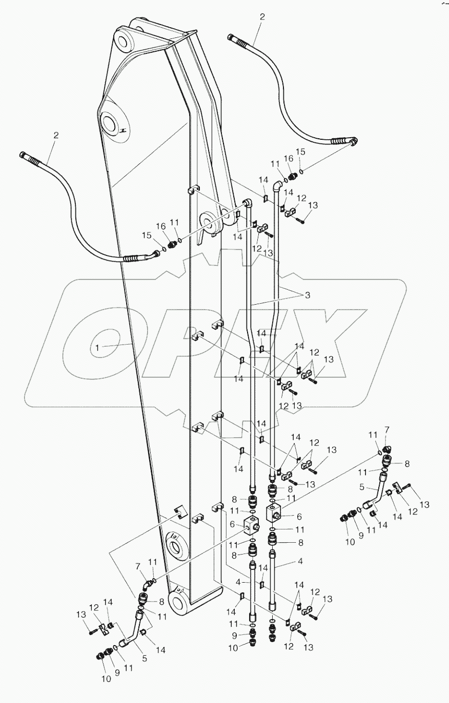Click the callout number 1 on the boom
(96, 348)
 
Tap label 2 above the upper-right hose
(262, 17)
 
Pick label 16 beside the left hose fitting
(162, 226)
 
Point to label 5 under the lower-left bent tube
(145, 658)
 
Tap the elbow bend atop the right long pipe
(277, 187)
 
